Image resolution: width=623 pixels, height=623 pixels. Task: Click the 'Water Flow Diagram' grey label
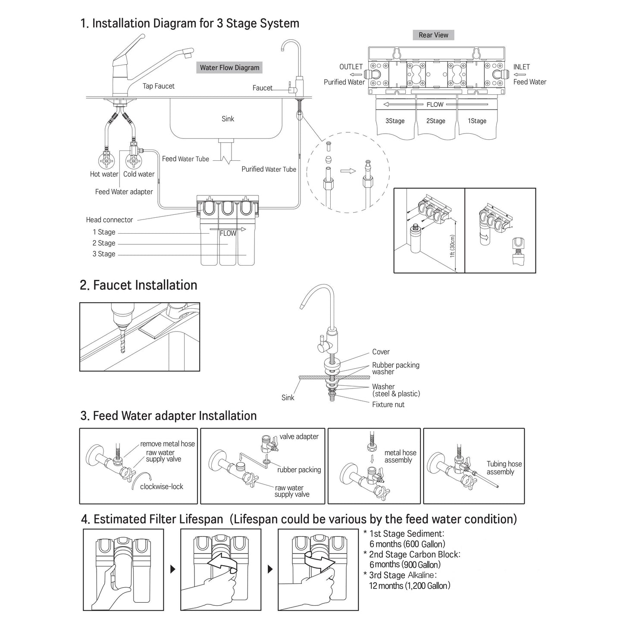[x=229, y=68]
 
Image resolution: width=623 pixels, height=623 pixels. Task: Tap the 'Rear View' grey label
[x=433, y=35]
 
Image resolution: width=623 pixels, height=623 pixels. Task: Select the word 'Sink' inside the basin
[x=228, y=119]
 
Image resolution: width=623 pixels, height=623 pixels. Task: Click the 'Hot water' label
[x=104, y=174]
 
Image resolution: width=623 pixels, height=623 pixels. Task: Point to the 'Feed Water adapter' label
[x=124, y=192]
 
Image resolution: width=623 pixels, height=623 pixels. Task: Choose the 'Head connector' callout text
[x=110, y=220]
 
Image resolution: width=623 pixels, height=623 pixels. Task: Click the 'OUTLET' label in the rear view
[x=351, y=67]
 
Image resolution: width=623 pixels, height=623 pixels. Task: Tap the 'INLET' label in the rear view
[x=521, y=67]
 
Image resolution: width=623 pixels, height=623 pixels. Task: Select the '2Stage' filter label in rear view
[x=435, y=121]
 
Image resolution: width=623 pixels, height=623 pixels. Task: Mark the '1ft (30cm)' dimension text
[x=452, y=246]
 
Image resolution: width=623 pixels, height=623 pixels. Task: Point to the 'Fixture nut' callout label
[x=388, y=404]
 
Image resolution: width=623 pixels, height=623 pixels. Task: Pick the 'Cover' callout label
[x=381, y=352]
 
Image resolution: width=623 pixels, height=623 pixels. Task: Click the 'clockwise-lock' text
[x=162, y=486]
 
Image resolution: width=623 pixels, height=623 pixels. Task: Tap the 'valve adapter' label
[x=299, y=436]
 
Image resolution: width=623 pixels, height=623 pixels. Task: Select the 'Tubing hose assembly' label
[x=504, y=468]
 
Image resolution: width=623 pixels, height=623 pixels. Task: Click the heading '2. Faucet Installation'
[x=138, y=285]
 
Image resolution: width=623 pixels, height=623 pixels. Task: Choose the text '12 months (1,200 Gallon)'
[x=410, y=585]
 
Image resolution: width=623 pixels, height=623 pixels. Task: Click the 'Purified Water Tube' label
[x=269, y=169]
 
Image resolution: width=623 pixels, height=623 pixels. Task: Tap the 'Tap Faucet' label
[x=159, y=86]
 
